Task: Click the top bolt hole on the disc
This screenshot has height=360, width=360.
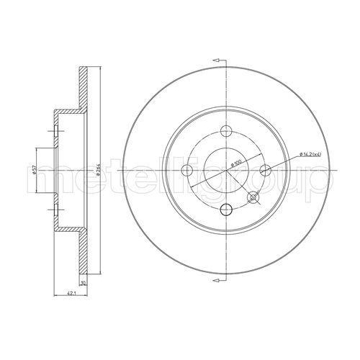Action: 225,131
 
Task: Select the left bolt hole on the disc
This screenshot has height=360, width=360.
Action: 186,170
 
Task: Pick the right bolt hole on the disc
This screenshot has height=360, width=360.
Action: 264,170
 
